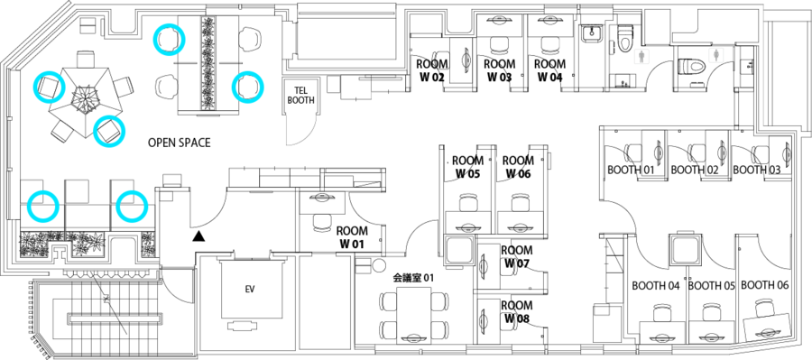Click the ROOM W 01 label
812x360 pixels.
point(352,237)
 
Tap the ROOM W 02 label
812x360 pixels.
point(431,71)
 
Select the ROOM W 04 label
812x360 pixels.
point(550,71)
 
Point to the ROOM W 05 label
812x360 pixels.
point(466,167)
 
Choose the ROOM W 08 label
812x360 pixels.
point(516,313)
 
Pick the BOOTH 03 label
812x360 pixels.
point(756,170)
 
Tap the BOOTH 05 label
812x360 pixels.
point(711,285)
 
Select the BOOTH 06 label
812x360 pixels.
point(764,285)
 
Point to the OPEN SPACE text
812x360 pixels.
point(180,143)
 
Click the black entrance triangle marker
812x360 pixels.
point(198,236)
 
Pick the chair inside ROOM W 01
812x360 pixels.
point(322,222)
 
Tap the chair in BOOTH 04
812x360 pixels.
point(661,312)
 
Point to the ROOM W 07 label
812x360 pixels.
point(516,256)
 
